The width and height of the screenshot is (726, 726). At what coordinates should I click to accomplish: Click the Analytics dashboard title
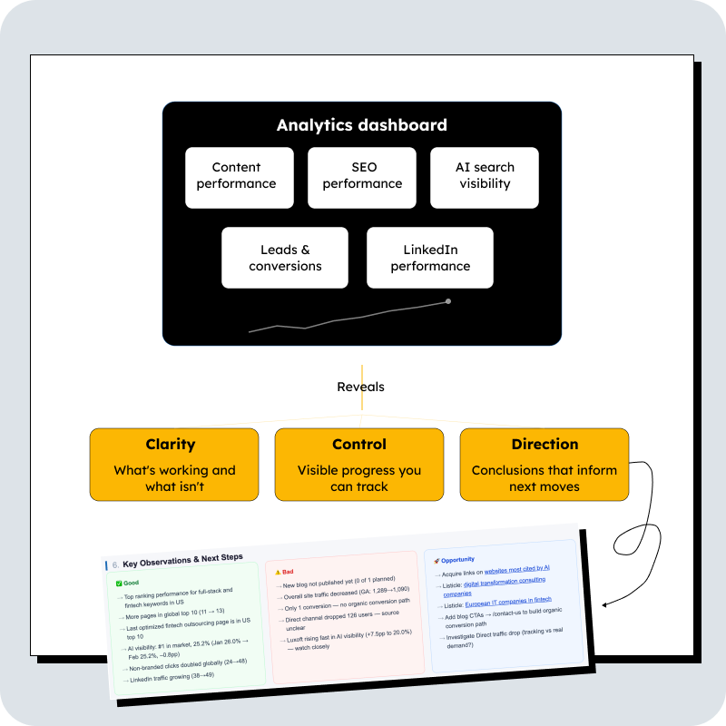(361, 125)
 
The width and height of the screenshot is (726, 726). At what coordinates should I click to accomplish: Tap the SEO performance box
(362, 176)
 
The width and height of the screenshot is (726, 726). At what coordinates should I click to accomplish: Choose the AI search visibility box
(485, 176)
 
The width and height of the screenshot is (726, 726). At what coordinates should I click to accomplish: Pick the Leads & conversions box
(285, 258)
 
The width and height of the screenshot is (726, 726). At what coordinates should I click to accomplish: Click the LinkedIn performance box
(430, 258)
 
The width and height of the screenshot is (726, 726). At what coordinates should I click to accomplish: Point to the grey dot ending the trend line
(447, 301)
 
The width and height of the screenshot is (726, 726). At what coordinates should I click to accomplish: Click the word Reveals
(360, 387)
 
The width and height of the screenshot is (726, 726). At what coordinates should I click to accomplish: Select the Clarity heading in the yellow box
(171, 445)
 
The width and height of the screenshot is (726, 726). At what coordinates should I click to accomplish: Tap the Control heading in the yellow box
(359, 445)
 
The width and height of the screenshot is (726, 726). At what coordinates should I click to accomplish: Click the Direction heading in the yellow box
(544, 445)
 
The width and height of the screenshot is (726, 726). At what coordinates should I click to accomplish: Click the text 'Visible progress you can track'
(359, 478)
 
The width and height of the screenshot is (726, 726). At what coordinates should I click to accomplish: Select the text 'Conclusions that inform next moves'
(544, 478)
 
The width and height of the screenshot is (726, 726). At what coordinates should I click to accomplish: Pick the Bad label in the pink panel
(287, 572)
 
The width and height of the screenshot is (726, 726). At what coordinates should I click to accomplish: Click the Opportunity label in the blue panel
(458, 560)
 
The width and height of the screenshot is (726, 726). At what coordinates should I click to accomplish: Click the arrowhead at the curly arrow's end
(604, 602)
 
